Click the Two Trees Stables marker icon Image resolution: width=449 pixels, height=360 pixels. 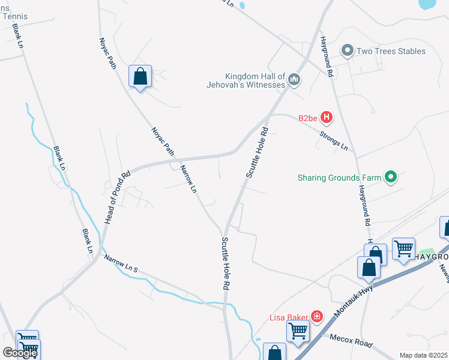click(348, 51)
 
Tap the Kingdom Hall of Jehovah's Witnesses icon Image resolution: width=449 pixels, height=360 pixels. click(294, 79)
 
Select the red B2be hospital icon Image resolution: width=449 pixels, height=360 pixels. click(327, 117)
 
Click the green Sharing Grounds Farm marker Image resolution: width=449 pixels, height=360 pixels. click(391, 177)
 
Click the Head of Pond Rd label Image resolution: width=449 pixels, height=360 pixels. click(117, 199)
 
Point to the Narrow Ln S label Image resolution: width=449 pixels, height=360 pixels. click(121, 264)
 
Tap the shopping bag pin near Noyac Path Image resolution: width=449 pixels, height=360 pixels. click(140, 77)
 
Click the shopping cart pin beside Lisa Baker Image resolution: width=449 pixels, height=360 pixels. click(298, 331)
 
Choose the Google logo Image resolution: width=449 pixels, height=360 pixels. click(20, 352)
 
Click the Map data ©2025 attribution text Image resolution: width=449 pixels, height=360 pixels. click(424, 355)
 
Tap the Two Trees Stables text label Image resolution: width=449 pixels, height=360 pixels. click(391, 51)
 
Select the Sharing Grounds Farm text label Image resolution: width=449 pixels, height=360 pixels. click(340, 178)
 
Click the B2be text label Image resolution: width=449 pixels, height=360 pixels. click(307, 118)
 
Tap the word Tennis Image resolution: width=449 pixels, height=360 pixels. click(15, 16)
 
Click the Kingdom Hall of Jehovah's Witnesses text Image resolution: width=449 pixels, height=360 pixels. click(255, 80)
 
